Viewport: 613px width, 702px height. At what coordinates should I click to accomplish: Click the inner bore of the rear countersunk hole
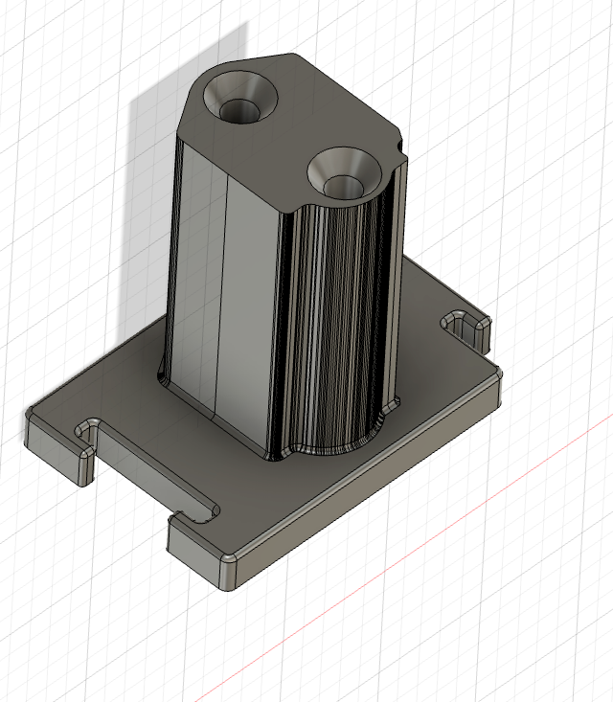pos(240,110)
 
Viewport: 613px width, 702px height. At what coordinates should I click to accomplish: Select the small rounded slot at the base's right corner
pos(467,328)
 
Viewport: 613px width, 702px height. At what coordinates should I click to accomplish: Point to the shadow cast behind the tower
pos(153,192)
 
